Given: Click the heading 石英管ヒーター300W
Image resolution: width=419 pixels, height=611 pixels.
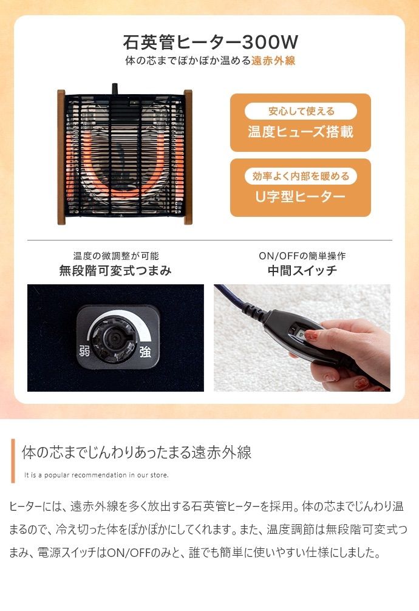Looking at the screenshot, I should click(x=210, y=43).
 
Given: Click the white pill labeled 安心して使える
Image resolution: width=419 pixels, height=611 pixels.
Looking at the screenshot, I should click(x=301, y=111).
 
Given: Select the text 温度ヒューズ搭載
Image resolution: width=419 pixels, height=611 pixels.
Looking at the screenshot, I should click(x=301, y=132).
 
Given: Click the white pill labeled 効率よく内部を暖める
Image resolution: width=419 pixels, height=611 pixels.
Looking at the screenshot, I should click(x=301, y=176).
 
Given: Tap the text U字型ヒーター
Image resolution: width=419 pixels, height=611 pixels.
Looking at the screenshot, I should click(x=301, y=197).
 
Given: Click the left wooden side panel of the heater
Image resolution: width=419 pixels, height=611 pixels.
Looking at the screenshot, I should click(x=61, y=157).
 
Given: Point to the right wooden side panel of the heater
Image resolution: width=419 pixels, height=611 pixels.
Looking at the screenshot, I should click(x=188, y=157).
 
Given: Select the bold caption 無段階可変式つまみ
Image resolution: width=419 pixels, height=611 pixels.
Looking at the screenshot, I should click(x=115, y=271).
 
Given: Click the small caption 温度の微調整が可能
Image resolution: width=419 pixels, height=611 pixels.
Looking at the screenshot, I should click(x=115, y=256).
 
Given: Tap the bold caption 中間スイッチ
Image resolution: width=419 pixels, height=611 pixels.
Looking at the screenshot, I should click(x=302, y=271).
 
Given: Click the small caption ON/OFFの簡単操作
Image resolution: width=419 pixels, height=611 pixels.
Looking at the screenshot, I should click(x=302, y=256).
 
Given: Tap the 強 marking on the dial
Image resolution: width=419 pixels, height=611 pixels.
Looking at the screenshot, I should click(x=145, y=351).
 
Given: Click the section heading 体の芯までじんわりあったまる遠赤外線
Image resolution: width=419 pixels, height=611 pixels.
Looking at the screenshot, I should click(x=137, y=453).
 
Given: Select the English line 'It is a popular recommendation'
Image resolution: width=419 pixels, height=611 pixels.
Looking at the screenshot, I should click(x=96, y=474).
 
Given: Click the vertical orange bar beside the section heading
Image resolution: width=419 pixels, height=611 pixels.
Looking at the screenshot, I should click(x=13, y=460).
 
